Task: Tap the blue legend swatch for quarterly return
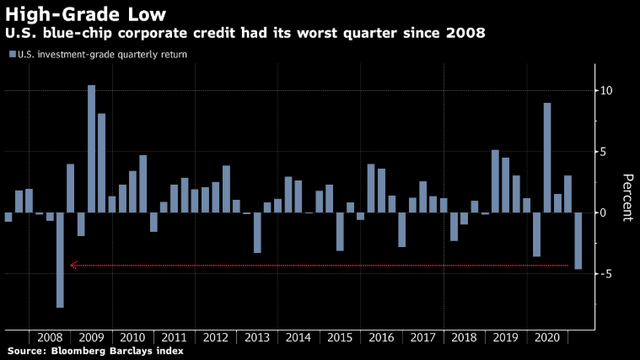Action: click(12, 54)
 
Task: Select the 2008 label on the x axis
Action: click(50, 336)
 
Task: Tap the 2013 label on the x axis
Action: click(257, 336)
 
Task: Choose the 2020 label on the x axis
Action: click(547, 336)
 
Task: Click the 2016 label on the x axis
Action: click(381, 336)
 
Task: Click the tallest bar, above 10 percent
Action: click(91, 148)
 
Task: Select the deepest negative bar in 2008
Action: click(60, 260)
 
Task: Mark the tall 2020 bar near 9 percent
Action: click(547, 158)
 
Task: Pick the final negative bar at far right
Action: click(578, 240)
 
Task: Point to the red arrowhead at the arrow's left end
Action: click(73, 265)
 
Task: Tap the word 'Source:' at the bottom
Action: click(27, 350)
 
